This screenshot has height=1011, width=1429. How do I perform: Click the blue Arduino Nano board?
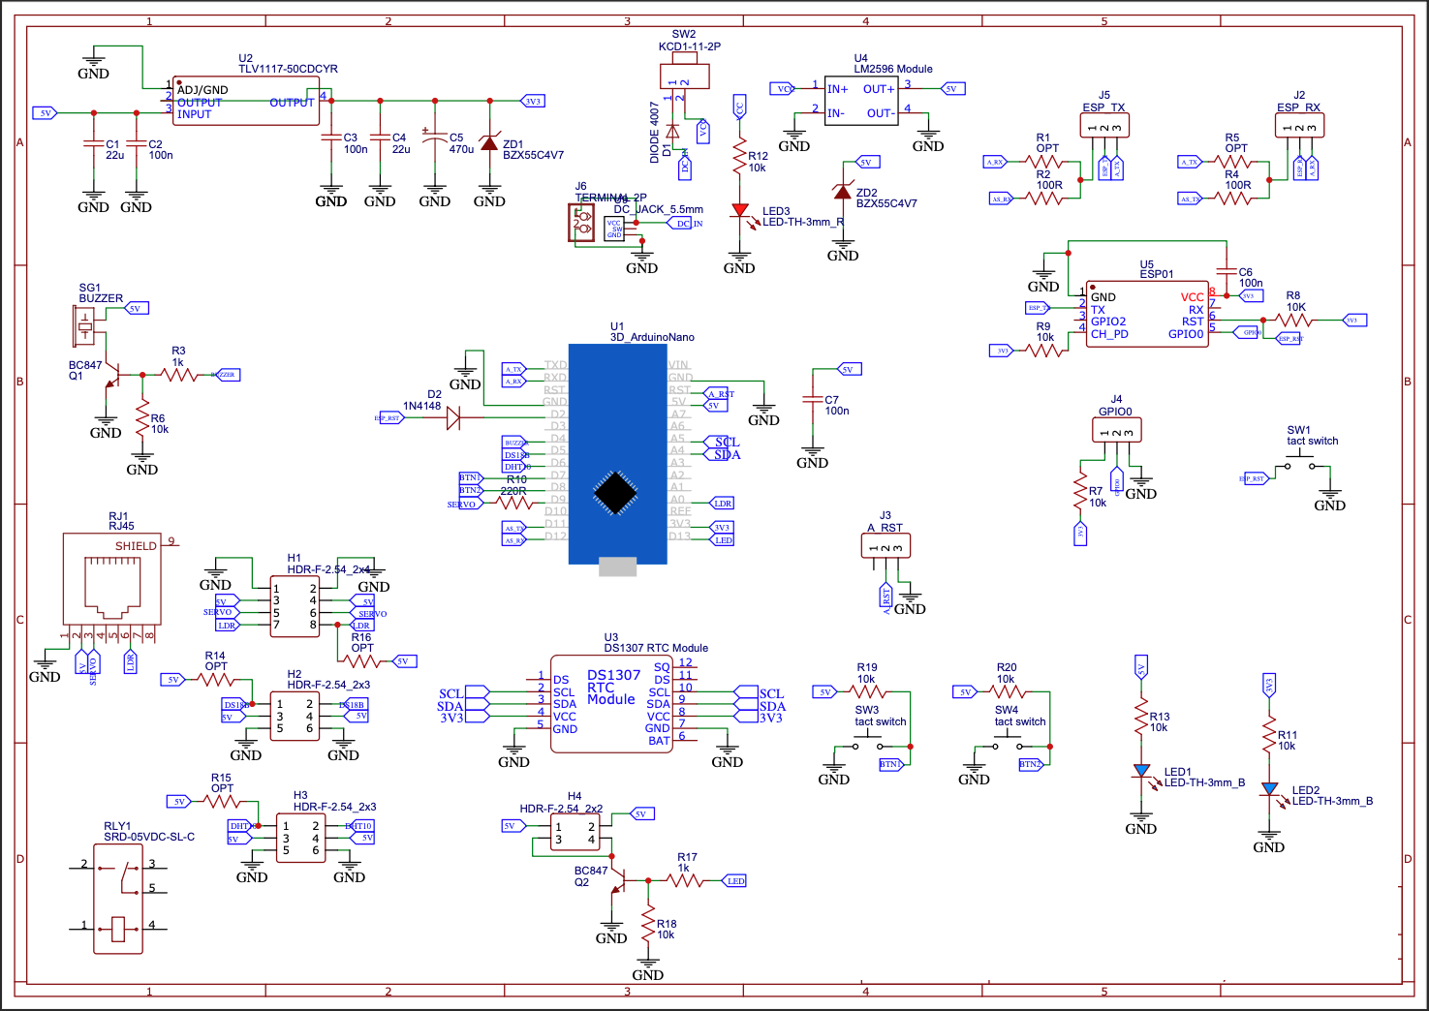(x=617, y=453)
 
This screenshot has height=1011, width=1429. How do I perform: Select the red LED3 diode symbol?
(x=740, y=210)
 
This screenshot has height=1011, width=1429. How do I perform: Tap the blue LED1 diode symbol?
(x=1141, y=772)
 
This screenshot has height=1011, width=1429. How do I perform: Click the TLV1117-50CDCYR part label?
(x=288, y=69)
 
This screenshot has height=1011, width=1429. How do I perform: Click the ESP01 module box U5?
(x=1146, y=314)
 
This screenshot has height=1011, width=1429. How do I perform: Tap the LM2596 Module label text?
(x=892, y=69)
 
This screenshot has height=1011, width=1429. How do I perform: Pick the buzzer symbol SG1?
(x=85, y=326)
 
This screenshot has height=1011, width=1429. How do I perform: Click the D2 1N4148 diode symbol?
(x=451, y=418)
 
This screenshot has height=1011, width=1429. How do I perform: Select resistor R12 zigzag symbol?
(x=739, y=156)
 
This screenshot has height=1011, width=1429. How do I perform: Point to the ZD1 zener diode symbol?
(x=489, y=143)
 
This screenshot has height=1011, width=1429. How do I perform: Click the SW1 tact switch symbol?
(x=1299, y=467)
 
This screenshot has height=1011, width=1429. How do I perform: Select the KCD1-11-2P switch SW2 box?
(x=684, y=77)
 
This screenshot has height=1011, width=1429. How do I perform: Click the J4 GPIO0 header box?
(x=1116, y=430)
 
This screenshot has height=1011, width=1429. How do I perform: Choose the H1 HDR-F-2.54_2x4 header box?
(x=295, y=606)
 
